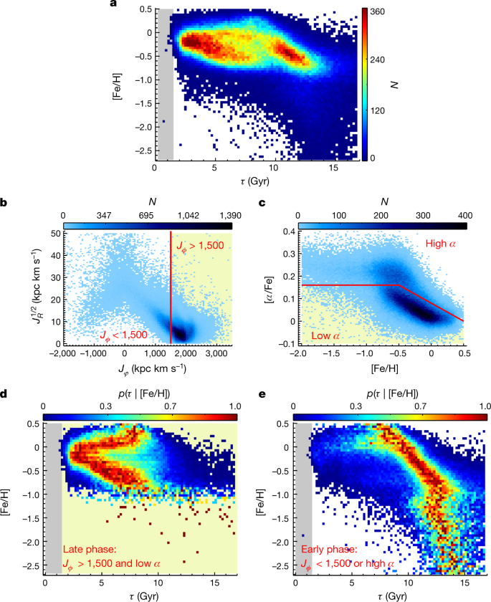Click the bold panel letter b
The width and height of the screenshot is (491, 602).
click(x=5, y=204)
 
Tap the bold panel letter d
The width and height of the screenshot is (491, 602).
click(x=5, y=394)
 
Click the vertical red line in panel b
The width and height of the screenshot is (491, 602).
click(x=171, y=287)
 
